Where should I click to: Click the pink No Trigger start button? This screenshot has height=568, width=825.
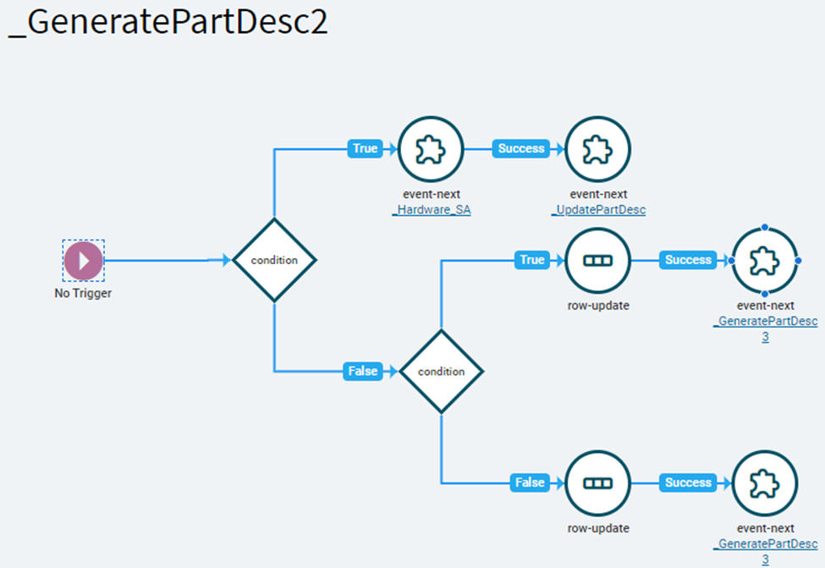[x=83, y=260]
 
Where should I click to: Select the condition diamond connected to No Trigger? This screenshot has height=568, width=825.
[x=274, y=260]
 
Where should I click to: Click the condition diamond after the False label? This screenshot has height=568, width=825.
[x=441, y=371]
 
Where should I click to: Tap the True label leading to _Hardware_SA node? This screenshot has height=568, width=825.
[x=365, y=148]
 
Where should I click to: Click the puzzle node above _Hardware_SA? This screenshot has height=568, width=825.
[x=431, y=149]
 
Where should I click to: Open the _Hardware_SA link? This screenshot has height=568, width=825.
[x=432, y=210]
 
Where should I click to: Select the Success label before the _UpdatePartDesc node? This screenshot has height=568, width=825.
[x=521, y=148]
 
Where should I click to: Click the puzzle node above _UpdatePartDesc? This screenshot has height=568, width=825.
[x=597, y=149]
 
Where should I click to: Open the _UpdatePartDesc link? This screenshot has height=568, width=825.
[x=599, y=210]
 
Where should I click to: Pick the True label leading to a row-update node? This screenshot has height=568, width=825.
[x=532, y=260]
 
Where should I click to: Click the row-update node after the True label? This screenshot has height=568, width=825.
[x=597, y=261]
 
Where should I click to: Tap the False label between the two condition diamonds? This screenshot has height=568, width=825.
[x=362, y=371]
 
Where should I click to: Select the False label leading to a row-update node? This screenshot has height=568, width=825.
[x=530, y=483]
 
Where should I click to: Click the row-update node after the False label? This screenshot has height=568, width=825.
[x=597, y=483]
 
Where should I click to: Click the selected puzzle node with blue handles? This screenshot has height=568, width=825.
[x=764, y=261]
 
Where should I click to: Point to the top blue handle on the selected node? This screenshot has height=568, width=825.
[x=764, y=228]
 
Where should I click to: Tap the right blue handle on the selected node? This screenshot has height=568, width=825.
[x=798, y=261]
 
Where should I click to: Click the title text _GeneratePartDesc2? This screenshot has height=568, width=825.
[x=168, y=22]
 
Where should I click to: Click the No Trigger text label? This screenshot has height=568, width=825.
[x=83, y=293]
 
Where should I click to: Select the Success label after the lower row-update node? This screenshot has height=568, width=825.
[x=688, y=483]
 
